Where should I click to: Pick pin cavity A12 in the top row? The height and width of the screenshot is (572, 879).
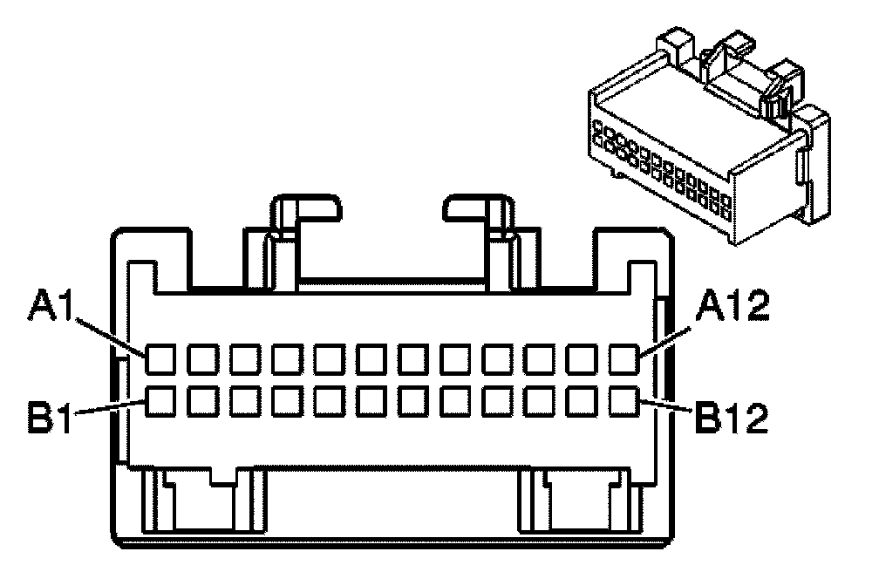pyautogui.click(x=624, y=358)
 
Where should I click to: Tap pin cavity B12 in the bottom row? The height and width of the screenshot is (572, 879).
pyautogui.click(x=624, y=401)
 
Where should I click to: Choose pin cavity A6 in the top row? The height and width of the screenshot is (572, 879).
pyautogui.click(x=371, y=358)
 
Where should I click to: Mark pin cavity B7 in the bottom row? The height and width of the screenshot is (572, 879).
pyautogui.click(x=413, y=401)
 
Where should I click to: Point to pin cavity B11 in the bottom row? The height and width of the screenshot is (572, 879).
pyautogui.click(x=583, y=401)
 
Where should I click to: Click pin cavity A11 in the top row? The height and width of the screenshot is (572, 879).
pyautogui.click(x=583, y=358)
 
